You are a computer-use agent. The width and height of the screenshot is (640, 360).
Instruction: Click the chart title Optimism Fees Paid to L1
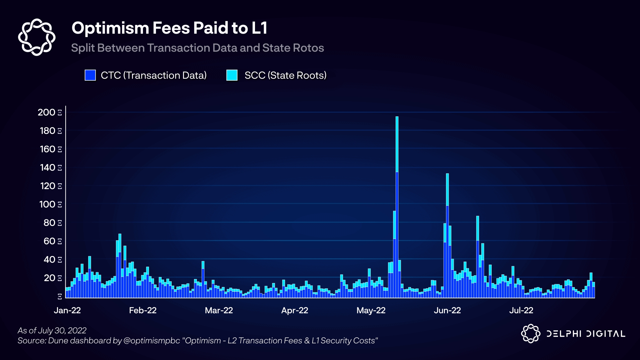tap(169, 28)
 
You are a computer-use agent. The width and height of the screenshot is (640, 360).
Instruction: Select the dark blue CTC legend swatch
tap(90, 75)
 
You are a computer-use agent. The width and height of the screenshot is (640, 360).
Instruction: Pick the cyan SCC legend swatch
tap(232, 75)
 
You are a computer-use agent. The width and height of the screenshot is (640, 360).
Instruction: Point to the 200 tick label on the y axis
tap(47, 112)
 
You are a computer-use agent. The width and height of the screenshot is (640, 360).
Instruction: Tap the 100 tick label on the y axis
tap(47, 204)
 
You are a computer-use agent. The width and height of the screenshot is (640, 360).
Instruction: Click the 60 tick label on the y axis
tap(49, 241)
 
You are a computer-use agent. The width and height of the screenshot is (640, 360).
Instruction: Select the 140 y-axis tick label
tap(47, 167)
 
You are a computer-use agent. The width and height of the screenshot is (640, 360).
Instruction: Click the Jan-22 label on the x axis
tap(67, 310)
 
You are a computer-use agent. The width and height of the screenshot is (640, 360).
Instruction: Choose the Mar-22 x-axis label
tap(219, 310)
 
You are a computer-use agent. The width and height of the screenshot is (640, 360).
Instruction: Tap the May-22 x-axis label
tap(371, 310)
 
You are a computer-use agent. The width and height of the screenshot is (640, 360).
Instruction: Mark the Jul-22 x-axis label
tap(521, 310)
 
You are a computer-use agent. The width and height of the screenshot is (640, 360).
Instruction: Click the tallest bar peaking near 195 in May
tap(397, 207)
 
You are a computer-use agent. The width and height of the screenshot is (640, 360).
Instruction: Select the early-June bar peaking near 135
tap(447, 233)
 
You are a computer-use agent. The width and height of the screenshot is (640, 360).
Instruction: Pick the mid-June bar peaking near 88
tap(478, 257)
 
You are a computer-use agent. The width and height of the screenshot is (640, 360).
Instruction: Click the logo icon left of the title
tap(37, 37)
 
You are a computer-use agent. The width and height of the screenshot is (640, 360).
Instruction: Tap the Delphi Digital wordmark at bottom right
tap(586, 334)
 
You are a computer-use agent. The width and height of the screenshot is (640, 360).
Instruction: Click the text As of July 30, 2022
tap(52, 330)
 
